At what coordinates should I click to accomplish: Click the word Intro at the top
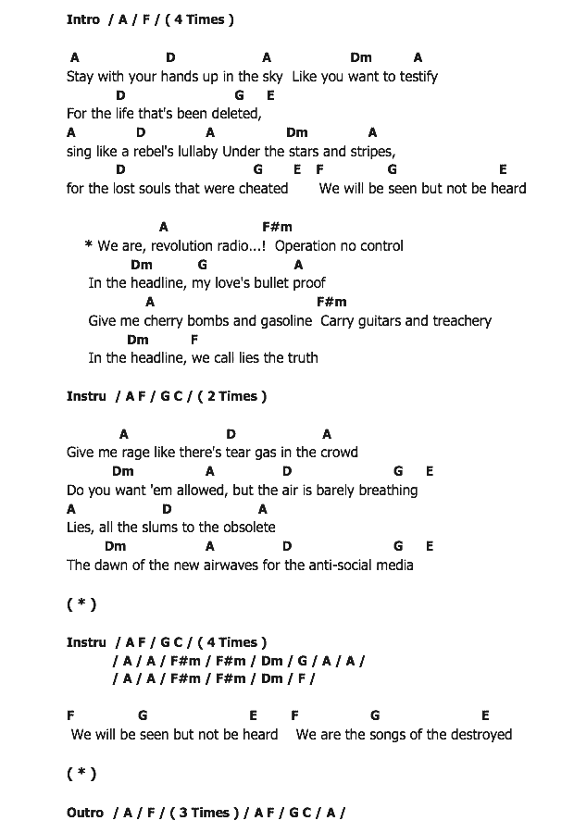(83, 19)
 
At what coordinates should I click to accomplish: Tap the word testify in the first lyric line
(414, 77)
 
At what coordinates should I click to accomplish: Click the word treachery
(459, 321)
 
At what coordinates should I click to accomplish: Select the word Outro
(85, 813)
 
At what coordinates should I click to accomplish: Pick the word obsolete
(247, 528)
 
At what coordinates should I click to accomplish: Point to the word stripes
(372, 152)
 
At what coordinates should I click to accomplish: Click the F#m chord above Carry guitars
(331, 302)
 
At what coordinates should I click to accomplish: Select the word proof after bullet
(308, 283)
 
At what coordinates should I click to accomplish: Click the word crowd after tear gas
(338, 453)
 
